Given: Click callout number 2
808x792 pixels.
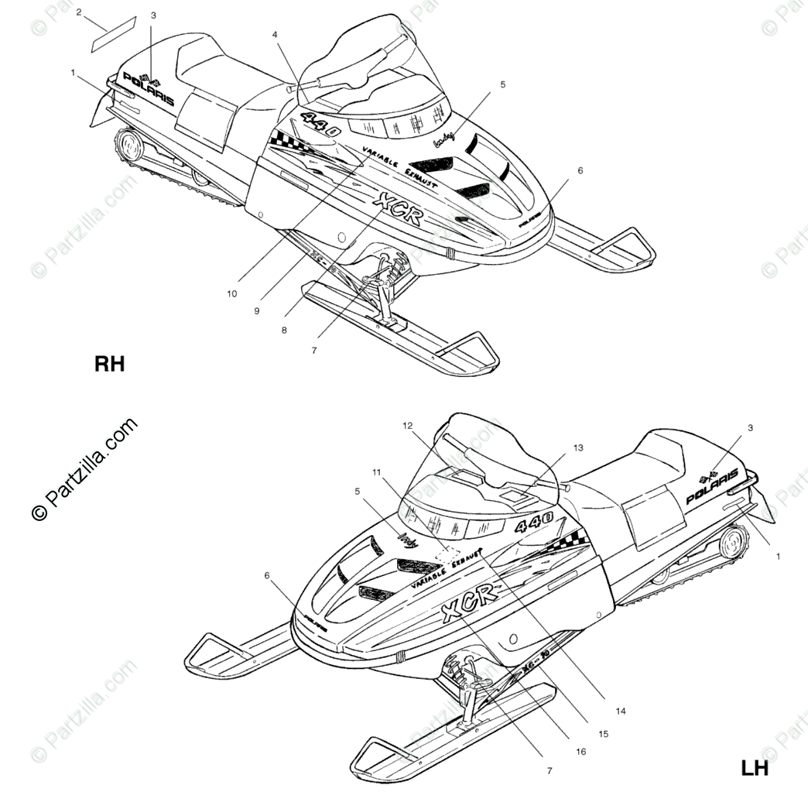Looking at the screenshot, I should click(x=79, y=12).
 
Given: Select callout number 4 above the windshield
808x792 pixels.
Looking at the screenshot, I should click(x=274, y=34).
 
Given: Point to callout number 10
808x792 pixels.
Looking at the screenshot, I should click(x=231, y=293).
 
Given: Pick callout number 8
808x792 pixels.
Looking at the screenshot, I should click(x=284, y=329).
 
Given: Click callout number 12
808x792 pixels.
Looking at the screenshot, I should click(x=408, y=425).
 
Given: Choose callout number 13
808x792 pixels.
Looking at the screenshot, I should click(x=577, y=447).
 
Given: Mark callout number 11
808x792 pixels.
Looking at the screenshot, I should click(x=377, y=471).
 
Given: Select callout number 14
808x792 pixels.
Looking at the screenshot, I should click(x=621, y=711).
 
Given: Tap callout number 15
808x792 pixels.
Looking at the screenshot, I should click(x=603, y=733).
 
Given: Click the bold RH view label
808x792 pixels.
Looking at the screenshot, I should click(x=109, y=364).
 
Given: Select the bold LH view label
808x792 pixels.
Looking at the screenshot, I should click(x=754, y=768).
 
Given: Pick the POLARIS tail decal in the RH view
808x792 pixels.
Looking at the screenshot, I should click(x=148, y=90).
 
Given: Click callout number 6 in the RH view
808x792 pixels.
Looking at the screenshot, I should click(x=580, y=170).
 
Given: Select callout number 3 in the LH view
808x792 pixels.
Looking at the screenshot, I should click(x=749, y=427).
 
